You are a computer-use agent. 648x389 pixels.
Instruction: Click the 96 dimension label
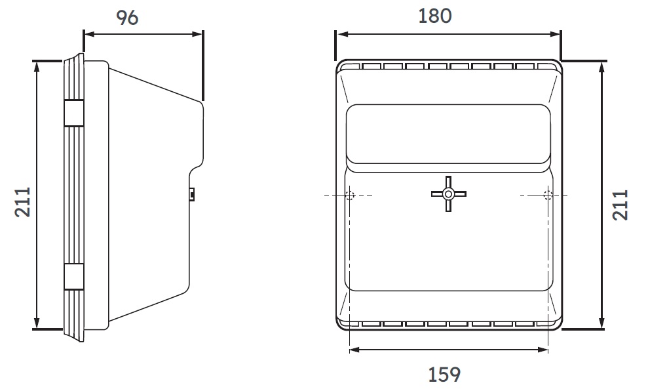[x=127, y=18]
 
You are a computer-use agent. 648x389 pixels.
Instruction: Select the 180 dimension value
[x=435, y=16]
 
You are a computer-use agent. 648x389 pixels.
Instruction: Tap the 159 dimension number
[x=444, y=375]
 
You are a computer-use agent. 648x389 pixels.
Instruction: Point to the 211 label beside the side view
[x=23, y=202]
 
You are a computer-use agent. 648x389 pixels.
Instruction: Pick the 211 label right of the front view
[x=620, y=205]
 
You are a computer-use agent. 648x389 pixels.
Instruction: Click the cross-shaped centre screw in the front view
[x=448, y=194]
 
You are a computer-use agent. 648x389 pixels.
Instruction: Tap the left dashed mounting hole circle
[x=350, y=195]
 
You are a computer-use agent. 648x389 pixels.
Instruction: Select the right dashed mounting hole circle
[x=548, y=195]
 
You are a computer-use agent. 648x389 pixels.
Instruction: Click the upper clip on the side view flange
[x=74, y=113]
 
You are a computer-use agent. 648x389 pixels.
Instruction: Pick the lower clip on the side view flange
[x=74, y=277]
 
